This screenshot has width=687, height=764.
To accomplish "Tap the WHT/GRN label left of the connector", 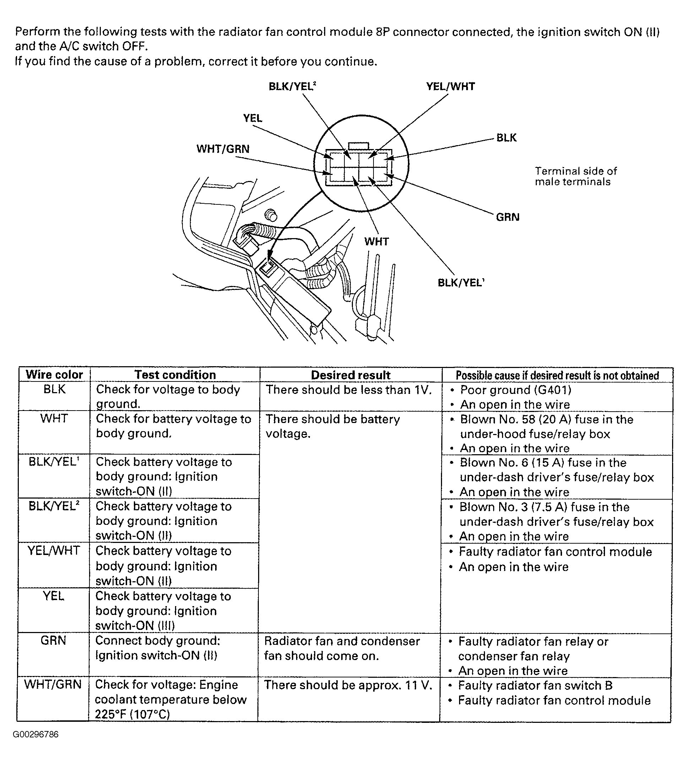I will [223, 149].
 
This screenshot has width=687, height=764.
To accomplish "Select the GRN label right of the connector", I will [507, 217].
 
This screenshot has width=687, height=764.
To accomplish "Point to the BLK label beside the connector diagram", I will [506, 138].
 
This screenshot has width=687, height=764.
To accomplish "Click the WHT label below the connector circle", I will [376, 241].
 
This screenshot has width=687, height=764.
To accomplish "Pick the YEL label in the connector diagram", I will [252, 118].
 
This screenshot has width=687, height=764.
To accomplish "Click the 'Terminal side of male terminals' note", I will [575, 176].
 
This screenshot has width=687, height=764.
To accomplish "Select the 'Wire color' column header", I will [54, 375].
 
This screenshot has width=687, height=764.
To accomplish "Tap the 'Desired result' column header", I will [350, 375].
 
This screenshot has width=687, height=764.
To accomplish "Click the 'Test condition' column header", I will [175, 375].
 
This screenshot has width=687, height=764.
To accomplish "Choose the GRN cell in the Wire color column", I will [53, 640].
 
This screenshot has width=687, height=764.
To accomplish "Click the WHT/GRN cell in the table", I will [53, 685].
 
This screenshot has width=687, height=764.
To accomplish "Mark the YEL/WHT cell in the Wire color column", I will [54, 550].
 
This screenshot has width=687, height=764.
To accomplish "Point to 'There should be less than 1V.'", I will [348, 390].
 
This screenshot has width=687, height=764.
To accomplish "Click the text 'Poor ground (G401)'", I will [515, 390].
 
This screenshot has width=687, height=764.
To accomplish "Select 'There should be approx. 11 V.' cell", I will [348, 685].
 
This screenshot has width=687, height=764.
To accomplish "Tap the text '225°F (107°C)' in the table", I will [132, 714].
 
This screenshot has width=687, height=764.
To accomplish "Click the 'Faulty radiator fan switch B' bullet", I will [535, 685].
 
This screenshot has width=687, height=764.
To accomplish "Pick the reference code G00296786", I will [36, 734].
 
